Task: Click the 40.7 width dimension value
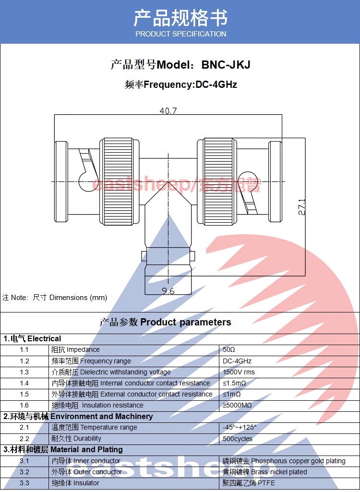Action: (x=168, y=111)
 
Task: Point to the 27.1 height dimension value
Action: (x=301, y=207)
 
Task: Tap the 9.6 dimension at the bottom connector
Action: (x=168, y=290)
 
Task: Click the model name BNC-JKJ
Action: (x=226, y=65)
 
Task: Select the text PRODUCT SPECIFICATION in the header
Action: (x=180, y=34)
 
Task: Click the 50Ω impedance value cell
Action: (x=229, y=350)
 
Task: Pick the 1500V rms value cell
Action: (x=239, y=372)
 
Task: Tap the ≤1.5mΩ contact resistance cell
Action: (x=234, y=383)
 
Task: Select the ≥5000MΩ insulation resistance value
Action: (x=237, y=405)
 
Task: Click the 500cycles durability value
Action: (x=237, y=439)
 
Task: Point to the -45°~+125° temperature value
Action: (x=240, y=427)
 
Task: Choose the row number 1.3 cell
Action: (x=24, y=372)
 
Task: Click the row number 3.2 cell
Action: (x=24, y=472)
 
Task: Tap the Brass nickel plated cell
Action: (x=264, y=472)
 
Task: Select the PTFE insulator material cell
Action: (x=249, y=483)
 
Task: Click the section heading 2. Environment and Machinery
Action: (x=78, y=416)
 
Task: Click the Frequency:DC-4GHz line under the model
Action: (x=180, y=85)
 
